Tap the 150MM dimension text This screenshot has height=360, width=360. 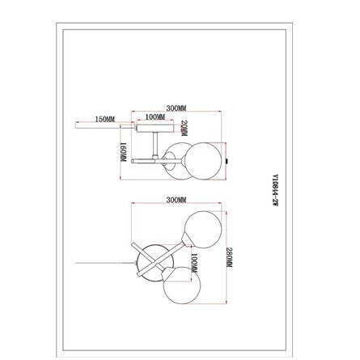point(104,119)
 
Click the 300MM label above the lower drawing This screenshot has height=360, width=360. point(176,199)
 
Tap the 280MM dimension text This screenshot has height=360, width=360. point(230,259)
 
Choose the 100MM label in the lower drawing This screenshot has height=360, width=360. point(194,261)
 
